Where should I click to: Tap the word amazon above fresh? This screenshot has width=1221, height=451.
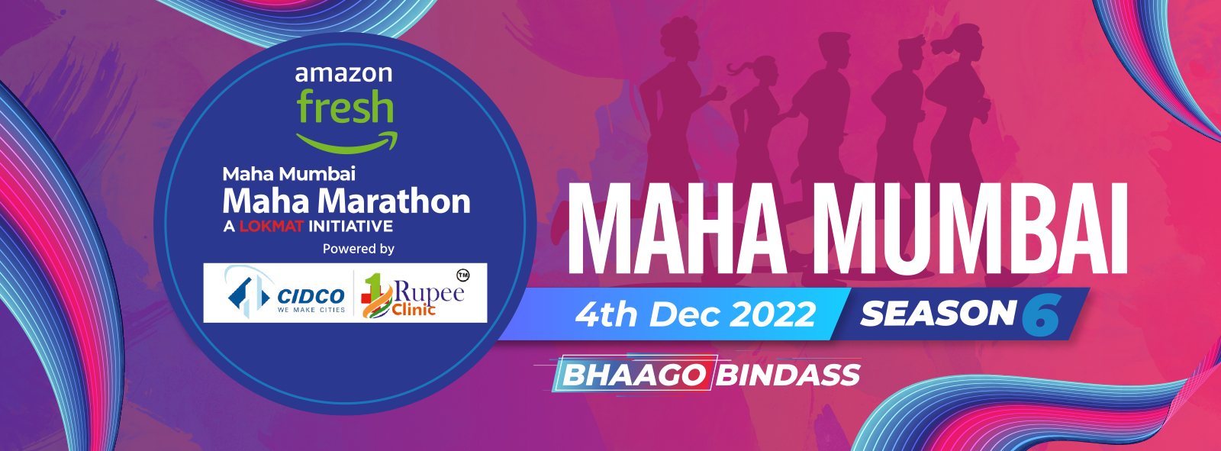(343, 73)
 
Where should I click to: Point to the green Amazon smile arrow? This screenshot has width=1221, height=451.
(347, 143)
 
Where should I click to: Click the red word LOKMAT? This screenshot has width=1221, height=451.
(272, 226)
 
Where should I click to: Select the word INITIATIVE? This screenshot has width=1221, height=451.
(350, 226)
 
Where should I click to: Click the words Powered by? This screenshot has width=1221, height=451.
(358, 249)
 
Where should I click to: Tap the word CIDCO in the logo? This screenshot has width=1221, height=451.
(311, 297)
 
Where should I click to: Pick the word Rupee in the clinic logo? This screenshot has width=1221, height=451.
(429, 293)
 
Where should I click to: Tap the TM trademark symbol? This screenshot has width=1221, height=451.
(462, 276)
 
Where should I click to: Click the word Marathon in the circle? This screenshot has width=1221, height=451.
(394, 201)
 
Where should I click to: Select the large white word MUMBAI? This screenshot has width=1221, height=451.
(966, 228)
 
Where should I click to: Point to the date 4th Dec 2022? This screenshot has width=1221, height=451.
(695, 314)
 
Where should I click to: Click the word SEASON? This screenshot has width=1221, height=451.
(938, 314)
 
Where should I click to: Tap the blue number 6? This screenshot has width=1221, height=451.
(1042, 314)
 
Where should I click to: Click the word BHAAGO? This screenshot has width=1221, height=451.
(634, 375)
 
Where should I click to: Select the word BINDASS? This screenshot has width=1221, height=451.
(788, 375)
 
